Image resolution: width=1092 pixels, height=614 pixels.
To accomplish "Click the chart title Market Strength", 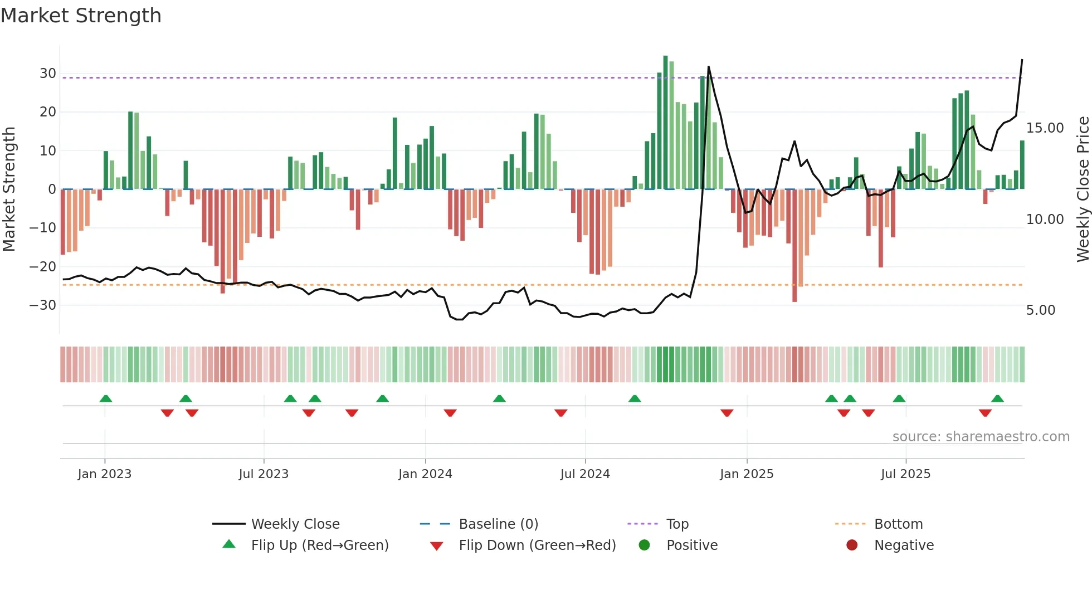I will (81, 16).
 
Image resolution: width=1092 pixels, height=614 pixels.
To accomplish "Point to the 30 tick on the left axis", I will (48, 74).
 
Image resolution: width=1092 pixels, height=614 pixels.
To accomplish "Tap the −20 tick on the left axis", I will (43, 267).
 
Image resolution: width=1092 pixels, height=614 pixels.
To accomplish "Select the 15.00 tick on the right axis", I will (1045, 128).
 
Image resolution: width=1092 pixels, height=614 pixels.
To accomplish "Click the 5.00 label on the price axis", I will (1040, 310).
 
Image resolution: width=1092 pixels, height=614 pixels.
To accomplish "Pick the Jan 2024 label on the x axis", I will (425, 474).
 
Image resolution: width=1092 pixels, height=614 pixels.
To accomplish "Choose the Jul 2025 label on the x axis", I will (905, 474).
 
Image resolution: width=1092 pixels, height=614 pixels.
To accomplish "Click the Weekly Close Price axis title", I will (1083, 189).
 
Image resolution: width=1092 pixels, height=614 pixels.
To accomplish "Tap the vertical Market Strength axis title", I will (9, 189).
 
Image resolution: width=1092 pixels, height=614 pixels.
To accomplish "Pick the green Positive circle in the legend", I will (645, 545).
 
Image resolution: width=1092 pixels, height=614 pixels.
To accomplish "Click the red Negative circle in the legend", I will (852, 545).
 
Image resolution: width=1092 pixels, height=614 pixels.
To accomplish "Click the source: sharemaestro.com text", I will (981, 437).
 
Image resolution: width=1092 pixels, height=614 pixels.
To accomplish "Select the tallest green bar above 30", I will (665, 123).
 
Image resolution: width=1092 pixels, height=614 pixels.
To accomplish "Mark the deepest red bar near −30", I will (794, 245).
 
